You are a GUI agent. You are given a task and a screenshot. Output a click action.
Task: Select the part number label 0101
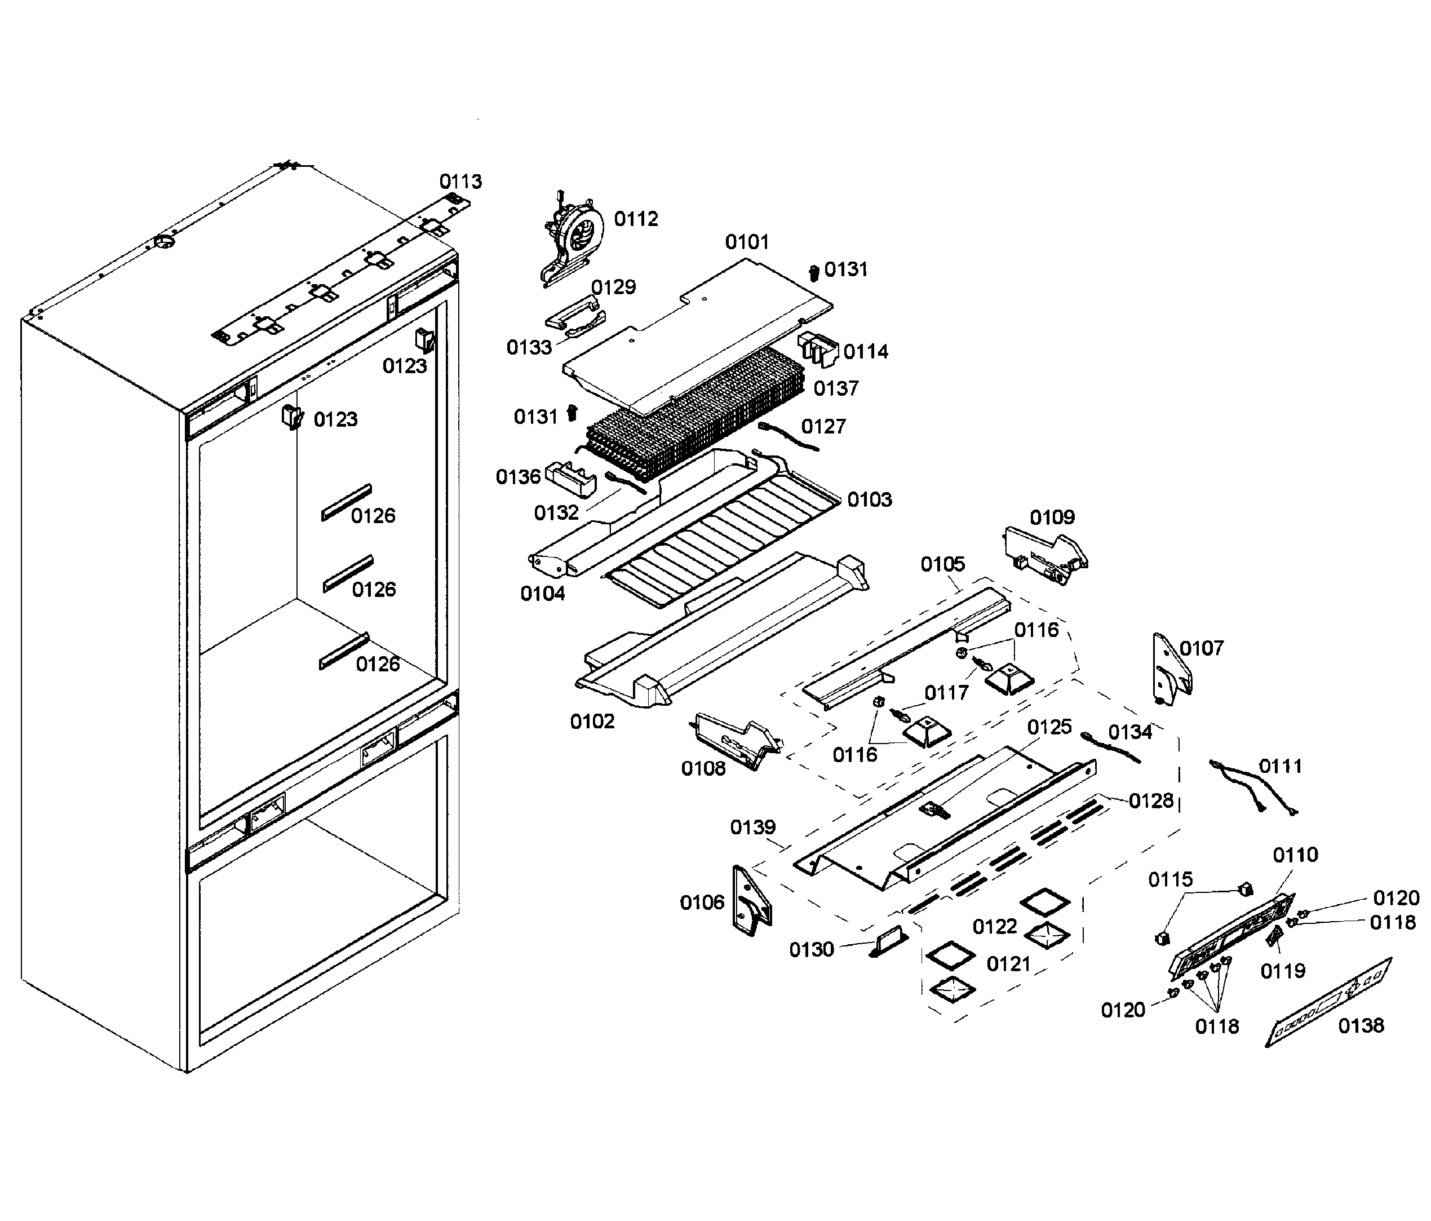tap(747, 242)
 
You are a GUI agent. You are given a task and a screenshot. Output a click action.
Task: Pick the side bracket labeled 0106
tap(751, 902)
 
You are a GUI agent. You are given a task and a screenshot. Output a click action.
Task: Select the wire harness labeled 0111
tap(1251, 788)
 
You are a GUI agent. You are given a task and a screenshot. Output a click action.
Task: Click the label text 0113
tap(460, 182)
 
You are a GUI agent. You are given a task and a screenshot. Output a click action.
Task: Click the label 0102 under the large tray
tap(592, 722)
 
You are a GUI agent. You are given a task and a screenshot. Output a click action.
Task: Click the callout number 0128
tap(1150, 801)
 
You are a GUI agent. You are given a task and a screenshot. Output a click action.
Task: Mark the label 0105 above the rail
tap(943, 564)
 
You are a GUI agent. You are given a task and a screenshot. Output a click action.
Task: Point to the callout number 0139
tap(753, 828)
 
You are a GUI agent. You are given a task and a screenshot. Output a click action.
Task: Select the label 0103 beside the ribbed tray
tap(870, 499)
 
